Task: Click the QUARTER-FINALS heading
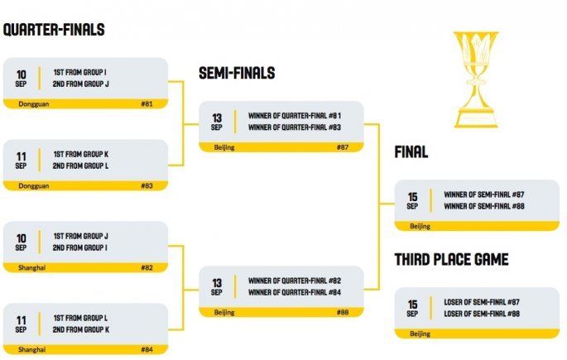(x=54, y=31)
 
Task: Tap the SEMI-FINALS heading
(x=237, y=74)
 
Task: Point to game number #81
(x=147, y=104)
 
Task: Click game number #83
(x=147, y=186)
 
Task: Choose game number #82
(x=147, y=268)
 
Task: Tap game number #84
(x=147, y=350)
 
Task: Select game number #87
(x=343, y=147)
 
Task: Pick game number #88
(x=343, y=312)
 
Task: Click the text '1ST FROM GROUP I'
(x=79, y=72)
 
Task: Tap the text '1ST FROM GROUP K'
(x=81, y=154)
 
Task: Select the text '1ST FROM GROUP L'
(x=80, y=318)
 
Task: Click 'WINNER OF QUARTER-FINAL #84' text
(x=295, y=291)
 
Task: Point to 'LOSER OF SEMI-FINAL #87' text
(x=483, y=302)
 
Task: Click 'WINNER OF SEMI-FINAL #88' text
(x=484, y=206)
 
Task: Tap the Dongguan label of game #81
(x=33, y=104)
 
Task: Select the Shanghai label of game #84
(x=32, y=350)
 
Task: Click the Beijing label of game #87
(x=223, y=147)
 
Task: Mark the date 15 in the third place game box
(x=412, y=305)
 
